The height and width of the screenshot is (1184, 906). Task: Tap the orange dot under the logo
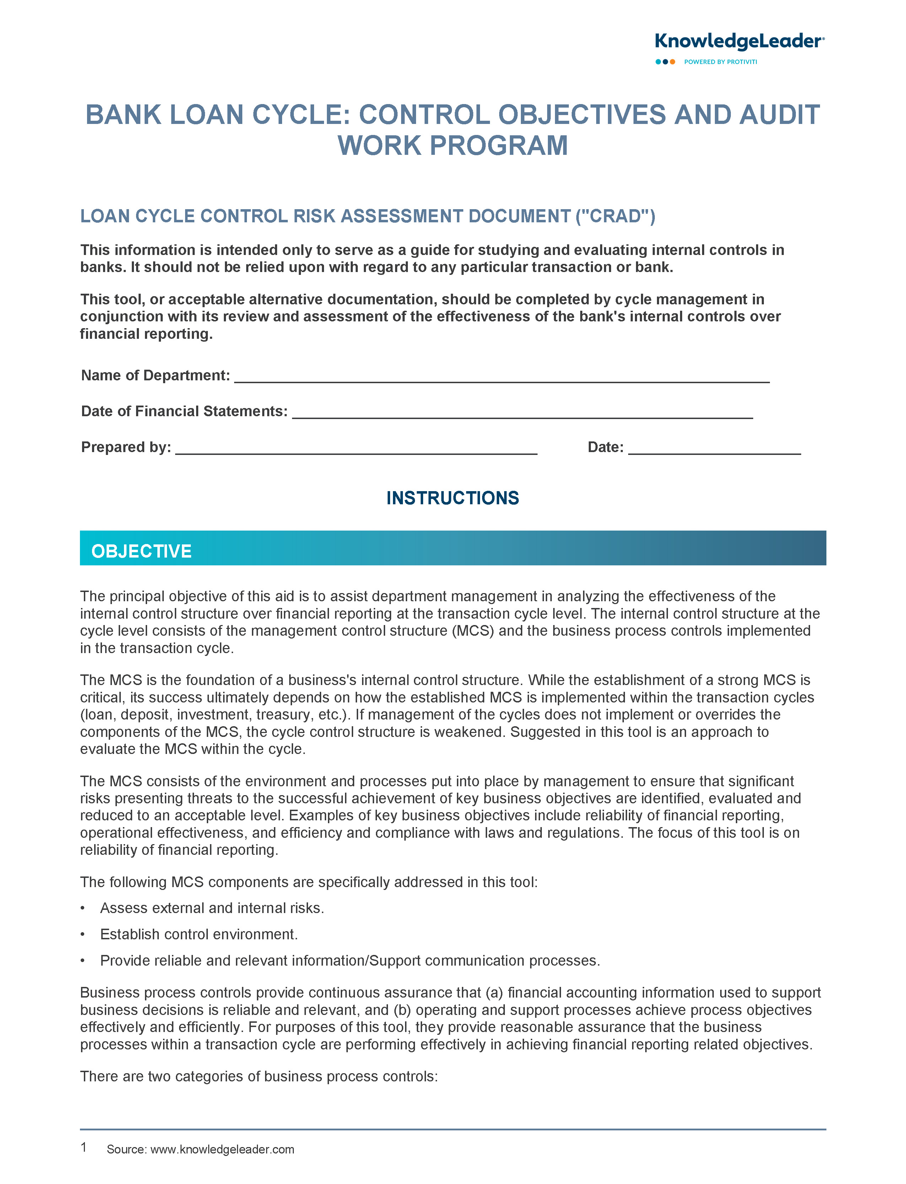tap(673, 62)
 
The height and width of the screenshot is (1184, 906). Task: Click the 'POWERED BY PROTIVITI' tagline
tap(721, 62)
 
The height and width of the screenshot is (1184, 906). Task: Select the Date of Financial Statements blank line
tap(522, 412)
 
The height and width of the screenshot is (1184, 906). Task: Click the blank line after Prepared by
tap(356, 449)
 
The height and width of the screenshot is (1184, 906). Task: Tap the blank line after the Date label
tap(714, 449)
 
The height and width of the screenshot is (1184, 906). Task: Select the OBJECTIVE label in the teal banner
tap(141, 551)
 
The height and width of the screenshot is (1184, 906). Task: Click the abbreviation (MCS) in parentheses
tap(473, 631)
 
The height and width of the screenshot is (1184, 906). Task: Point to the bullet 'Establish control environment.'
tap(199, 934)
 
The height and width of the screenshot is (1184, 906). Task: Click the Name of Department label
tap(155, 376)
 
